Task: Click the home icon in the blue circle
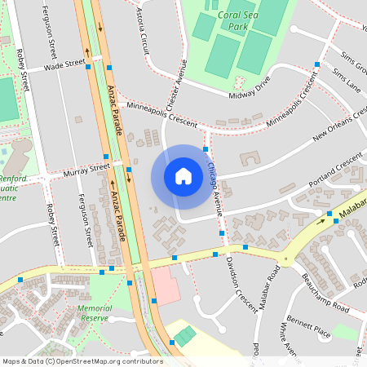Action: point(183,175)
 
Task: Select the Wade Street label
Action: point(64,64)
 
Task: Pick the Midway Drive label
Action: point(249,90)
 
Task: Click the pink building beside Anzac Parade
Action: point(166,286)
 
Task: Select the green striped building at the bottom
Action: point(185,335)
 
